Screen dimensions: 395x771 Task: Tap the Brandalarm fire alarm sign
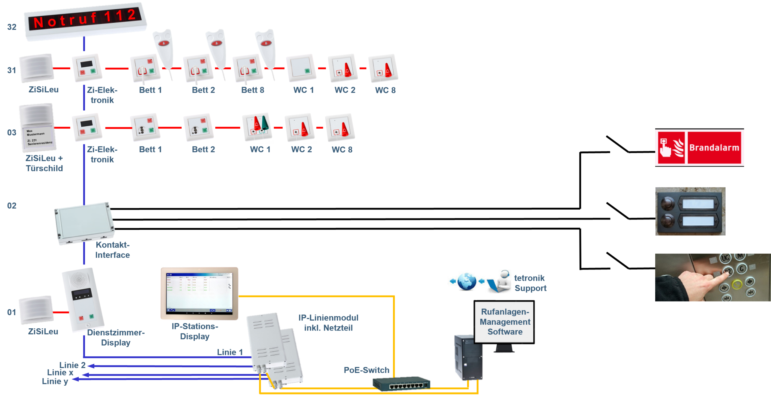(699, 148)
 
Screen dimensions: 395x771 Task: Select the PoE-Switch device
(401, 384)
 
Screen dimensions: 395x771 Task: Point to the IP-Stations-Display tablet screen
(199, 292)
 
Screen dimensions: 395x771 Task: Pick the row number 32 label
(12, 27)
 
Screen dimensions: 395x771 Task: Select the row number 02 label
(12, 206)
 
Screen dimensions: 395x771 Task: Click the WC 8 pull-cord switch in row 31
(383, 68)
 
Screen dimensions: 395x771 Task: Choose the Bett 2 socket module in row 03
(198, 127)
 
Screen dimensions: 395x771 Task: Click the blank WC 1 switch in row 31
(301, 68)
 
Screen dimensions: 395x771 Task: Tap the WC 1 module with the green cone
(257, 127)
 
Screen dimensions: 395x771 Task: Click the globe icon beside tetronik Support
(467, 281)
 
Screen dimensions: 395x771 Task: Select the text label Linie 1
(230, 352)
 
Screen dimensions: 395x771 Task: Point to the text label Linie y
(55, 381)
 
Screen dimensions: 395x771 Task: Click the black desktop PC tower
(468, 357)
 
